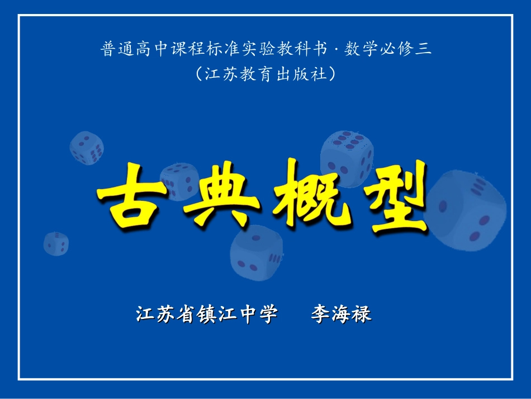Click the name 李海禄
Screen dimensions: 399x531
coord(341,314)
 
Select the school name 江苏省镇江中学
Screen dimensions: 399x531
coord(207,314)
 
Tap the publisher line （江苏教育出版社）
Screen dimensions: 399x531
coord(266,74)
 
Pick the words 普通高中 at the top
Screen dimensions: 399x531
coord(127,50)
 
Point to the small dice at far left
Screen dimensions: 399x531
coord(56,243)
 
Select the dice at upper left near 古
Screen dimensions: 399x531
coord(87,148)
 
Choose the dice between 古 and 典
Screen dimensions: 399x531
coord(179,181)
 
